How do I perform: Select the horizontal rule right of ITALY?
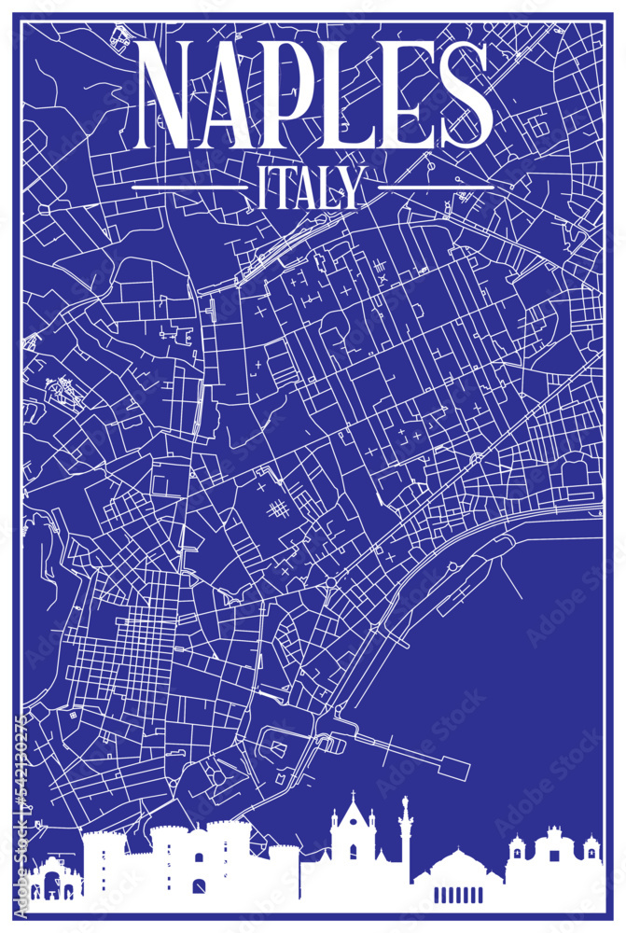click(x=435, y=188)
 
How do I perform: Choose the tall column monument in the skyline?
click(x=405, y=835)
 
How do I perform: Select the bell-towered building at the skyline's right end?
click(x=554, y=863)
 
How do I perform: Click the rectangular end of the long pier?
click(x=456, y=767)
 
